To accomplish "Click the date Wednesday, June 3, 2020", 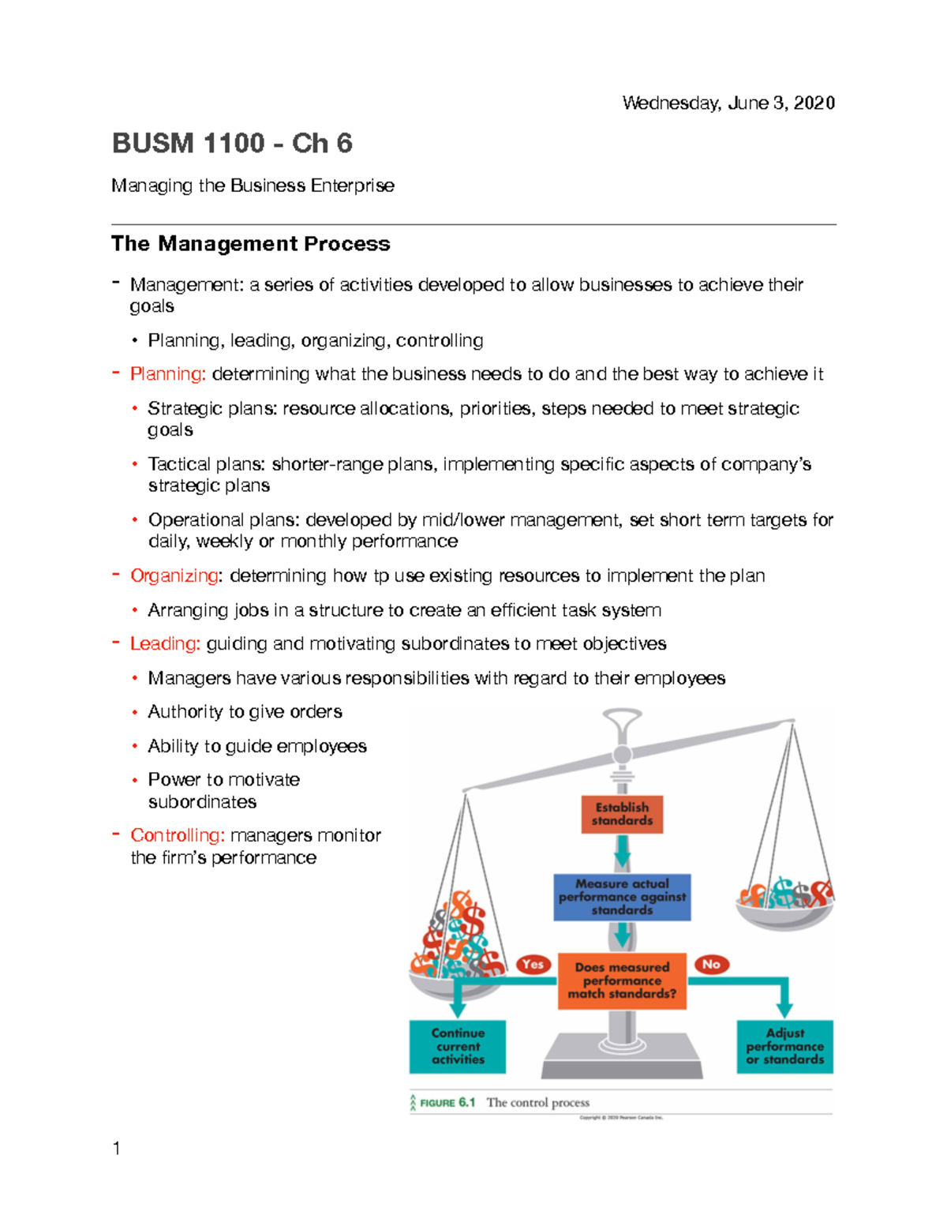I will click(728, 103).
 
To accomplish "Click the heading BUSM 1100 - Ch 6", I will click(232, 144).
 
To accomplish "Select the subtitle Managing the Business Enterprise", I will click(253, 186).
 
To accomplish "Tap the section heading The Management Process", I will click(250, 244).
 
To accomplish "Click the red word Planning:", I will click(168, 374).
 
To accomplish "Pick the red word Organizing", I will click(174, 576).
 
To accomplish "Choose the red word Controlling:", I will click(178, 835).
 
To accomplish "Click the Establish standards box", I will click(622, 814).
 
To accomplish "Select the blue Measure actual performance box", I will click(622, 897).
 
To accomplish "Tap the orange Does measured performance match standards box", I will click(622, 980).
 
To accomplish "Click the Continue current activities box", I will click(458, 1046).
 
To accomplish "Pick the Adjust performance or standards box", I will click(784, 1046).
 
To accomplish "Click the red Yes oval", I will click(533, 964).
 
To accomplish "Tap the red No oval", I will click(711, 964).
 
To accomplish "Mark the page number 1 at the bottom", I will click(117, 1149).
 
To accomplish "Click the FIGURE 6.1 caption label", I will click(447, 1103).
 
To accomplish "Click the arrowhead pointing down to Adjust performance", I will click(784, 1009).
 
